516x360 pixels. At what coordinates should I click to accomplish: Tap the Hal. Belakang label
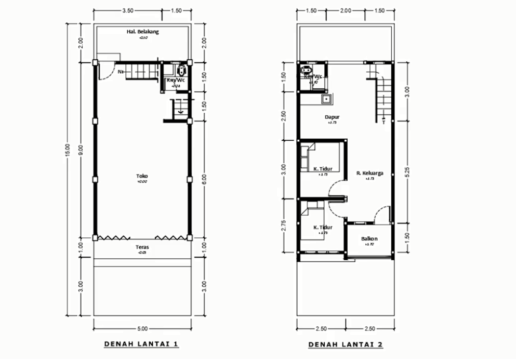142,32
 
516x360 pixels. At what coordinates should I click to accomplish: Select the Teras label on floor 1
142,247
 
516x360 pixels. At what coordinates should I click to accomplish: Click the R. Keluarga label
369,173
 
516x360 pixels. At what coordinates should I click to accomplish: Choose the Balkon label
369,239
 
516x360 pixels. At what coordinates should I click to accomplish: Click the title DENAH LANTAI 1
142,344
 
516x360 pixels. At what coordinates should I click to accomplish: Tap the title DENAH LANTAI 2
346,344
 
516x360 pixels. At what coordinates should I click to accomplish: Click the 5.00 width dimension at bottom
142,328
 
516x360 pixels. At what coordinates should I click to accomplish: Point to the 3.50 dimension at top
128,10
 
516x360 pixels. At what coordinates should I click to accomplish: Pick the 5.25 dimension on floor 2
408,174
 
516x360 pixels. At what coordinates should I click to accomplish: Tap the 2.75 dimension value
283,225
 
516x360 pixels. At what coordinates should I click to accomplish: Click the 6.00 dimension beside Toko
204,179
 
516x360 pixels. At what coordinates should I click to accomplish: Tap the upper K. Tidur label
323,168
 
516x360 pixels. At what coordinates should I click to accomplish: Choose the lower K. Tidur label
323,227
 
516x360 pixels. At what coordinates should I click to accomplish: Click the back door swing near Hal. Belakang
104,70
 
